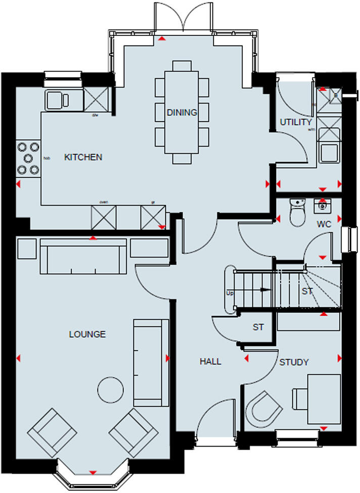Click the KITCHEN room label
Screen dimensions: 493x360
click(x=83, y=157)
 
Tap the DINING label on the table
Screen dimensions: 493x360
click(x=182, y=112)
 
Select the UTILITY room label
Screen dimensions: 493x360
click(x=296, y=122)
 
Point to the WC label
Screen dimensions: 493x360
click(x=324, y=224)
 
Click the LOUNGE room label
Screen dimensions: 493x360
click(x=87, y=334)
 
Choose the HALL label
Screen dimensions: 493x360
click(x=210, y=361)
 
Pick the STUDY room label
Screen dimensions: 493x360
click(x=294, y=362)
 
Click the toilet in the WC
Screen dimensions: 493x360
click(x=296, y=212)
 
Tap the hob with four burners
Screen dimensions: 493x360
click(x=28, y=158)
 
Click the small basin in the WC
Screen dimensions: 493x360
click(x=322, y=205)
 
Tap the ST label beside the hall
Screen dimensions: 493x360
click(x=258, y=327)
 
